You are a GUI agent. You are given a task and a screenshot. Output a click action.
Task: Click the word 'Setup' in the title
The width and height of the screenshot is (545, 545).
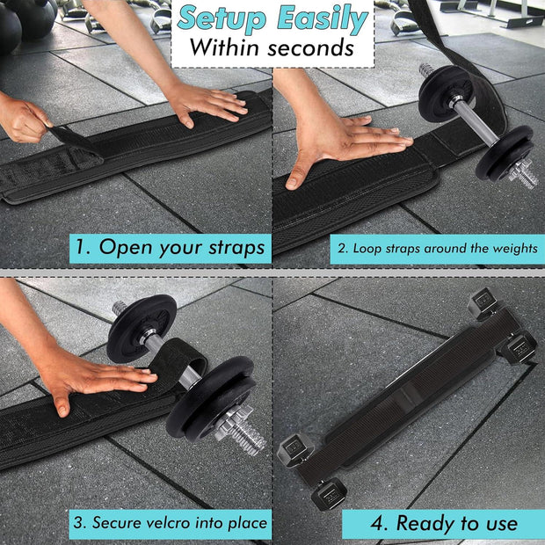point(221,18)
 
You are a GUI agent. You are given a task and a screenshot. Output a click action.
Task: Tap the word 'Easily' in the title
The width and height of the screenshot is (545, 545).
point(323,18)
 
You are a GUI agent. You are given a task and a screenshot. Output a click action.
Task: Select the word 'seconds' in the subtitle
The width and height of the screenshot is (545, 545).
point(310,48)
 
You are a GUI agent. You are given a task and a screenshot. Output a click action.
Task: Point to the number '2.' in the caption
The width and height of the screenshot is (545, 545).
point(343,248)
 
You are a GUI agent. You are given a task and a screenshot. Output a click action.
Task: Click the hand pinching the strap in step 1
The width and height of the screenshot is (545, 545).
point(23,120)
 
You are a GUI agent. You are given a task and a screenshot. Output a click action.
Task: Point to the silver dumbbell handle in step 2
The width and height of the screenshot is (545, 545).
point(474,121)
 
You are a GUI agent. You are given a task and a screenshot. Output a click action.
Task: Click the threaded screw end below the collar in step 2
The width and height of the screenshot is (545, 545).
point(524,176)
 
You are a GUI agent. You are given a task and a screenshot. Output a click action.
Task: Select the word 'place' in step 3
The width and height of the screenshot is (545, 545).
point(248,523)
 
